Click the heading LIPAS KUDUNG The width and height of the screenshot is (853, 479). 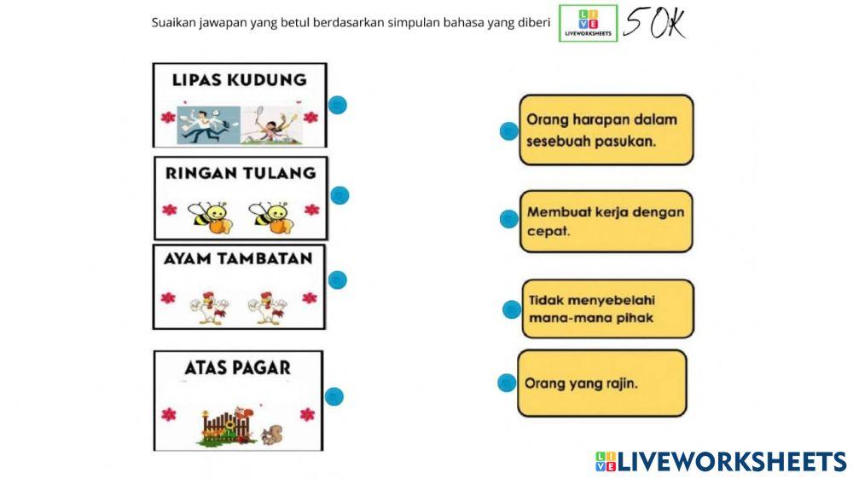pyautogui.click(x=239, y=80)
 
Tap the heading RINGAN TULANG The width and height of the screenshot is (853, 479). pyautogui.click(x=241, y=173)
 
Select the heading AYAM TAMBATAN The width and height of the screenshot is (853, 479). pyautogui.click(x=239, y=258)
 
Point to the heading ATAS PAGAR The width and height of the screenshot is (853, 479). pyautogui.click(x=238, y=368)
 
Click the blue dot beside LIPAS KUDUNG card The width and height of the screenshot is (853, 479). pyautogui.click(x=338, y=105)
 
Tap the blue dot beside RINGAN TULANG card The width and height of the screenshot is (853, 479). pyautogui.click(x=340, y=195)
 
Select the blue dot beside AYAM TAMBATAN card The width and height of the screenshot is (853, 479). pyautogui.click(x=338, y=280)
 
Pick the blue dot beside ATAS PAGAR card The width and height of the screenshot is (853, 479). pyautogui.click(x=334, y=395)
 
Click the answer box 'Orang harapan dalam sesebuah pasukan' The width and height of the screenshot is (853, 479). pyautogui.click(x=606, y=130)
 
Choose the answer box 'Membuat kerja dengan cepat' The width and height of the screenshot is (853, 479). pyautogui.click(x=606, y=221)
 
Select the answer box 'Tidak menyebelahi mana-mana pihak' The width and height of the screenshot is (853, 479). pyautogui.click(x=606, y=309)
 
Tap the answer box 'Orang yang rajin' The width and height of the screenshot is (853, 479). pyautogui.click(x=601, y=384)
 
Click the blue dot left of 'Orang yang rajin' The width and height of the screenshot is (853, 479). pyautogui.click(x=507, y=383)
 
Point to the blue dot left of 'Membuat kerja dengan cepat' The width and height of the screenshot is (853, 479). pyautogui.click(x=509, y=219)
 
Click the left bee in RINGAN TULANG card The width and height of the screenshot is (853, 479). pyautogui.click(x=210, y=217)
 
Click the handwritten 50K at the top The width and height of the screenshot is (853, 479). pyautogui.click(x=654, y=23)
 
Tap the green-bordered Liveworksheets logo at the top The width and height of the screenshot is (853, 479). pyautogui.click(x=589, y=24)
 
